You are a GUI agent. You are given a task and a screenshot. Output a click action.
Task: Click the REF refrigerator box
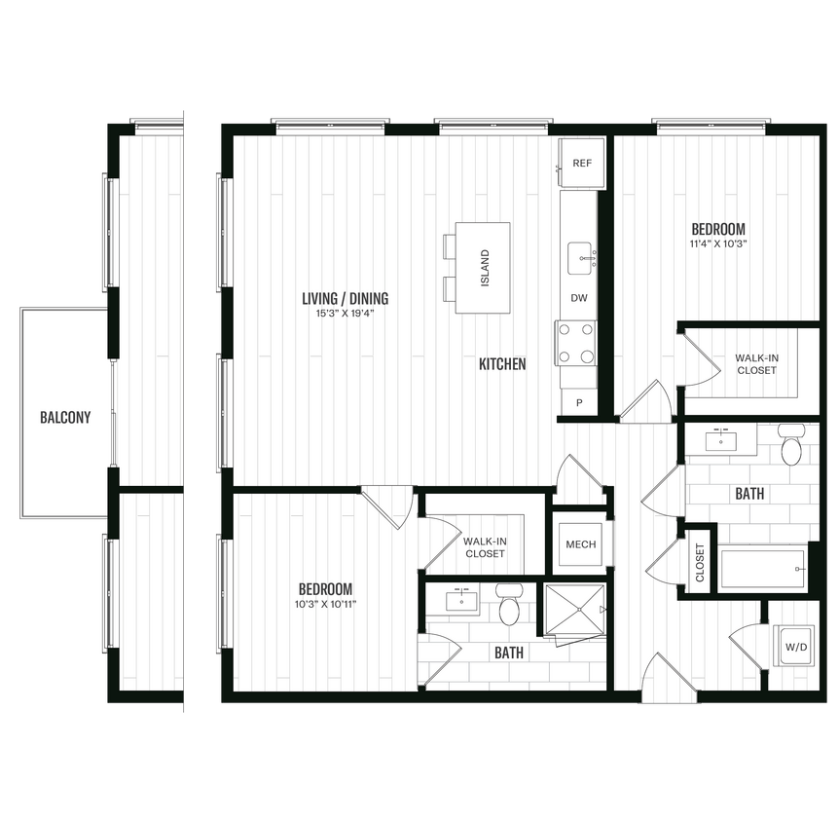click(x=582, y=163)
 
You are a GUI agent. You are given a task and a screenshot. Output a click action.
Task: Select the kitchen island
click(x=483, y=268)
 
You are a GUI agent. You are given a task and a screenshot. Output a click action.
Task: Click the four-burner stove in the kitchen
click(x=575, y=343)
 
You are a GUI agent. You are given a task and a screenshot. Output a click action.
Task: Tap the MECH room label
click(x=581, y=544)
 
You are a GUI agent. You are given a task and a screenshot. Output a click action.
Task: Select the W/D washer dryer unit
click(x=796, y=646)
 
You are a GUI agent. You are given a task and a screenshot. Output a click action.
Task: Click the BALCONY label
click(x=65, y=418)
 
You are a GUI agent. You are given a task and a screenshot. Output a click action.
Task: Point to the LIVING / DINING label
click(x=346, y=299)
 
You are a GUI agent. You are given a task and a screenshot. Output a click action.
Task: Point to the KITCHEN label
click(x=502, y=364)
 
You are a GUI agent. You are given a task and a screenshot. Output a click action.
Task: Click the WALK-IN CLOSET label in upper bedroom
click(x=756, y=364)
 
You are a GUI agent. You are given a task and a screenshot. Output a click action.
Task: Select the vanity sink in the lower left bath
click(x=461, y=600)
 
